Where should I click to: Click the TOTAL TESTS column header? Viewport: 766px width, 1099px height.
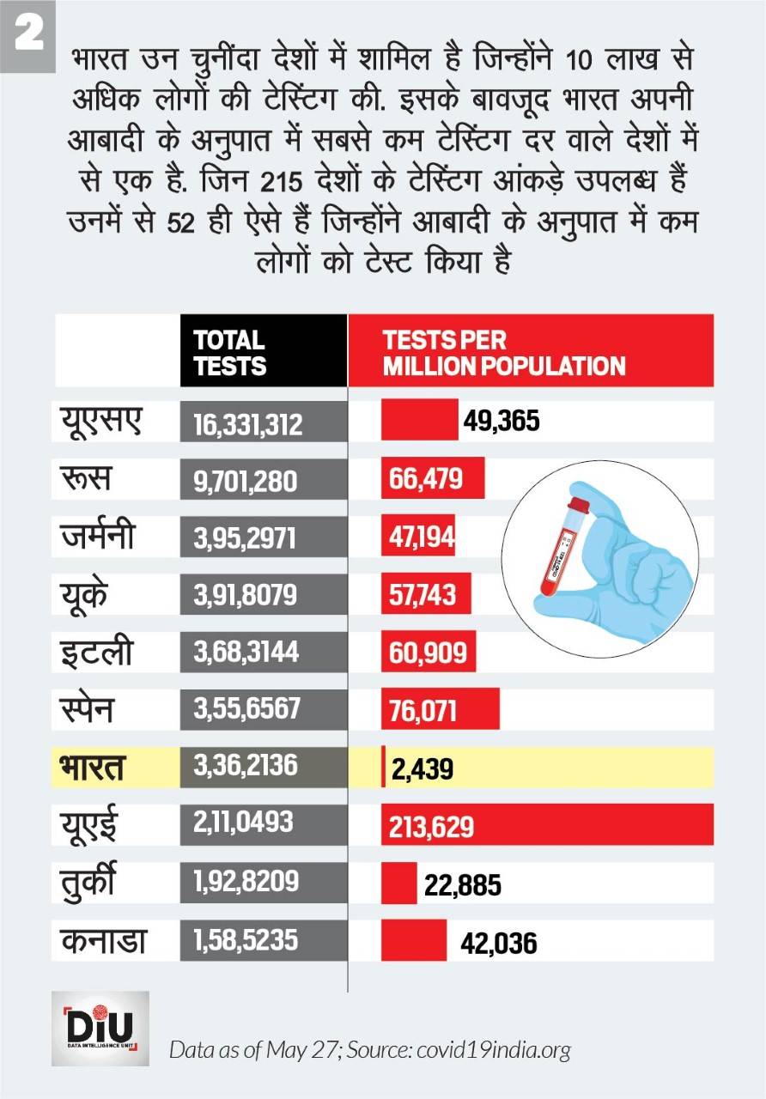pyautogui.click(x=229, y=352)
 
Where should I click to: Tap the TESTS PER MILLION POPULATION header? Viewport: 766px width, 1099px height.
pyautogui.click(x=503, y=352)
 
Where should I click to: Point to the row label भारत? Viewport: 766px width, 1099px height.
pyautogui.click(x=92, y=767)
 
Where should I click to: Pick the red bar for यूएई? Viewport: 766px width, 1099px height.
pyautogui.click(x=547, y=824)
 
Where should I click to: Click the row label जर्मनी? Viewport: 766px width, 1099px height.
pyautogui.click(x=98, y=537)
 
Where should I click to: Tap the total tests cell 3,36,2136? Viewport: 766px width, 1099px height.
pyautogui.click(x=239, y=766)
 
